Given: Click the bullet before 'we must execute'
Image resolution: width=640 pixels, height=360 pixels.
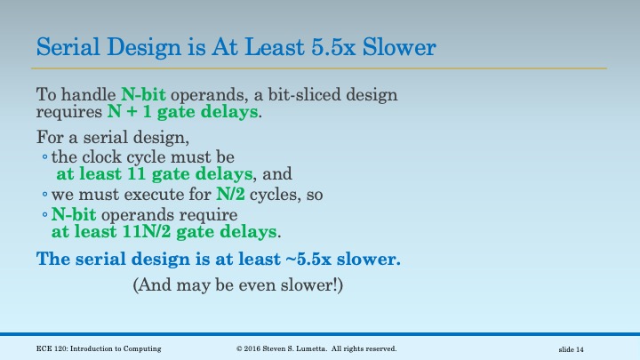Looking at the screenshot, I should click(x=44, y=195).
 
